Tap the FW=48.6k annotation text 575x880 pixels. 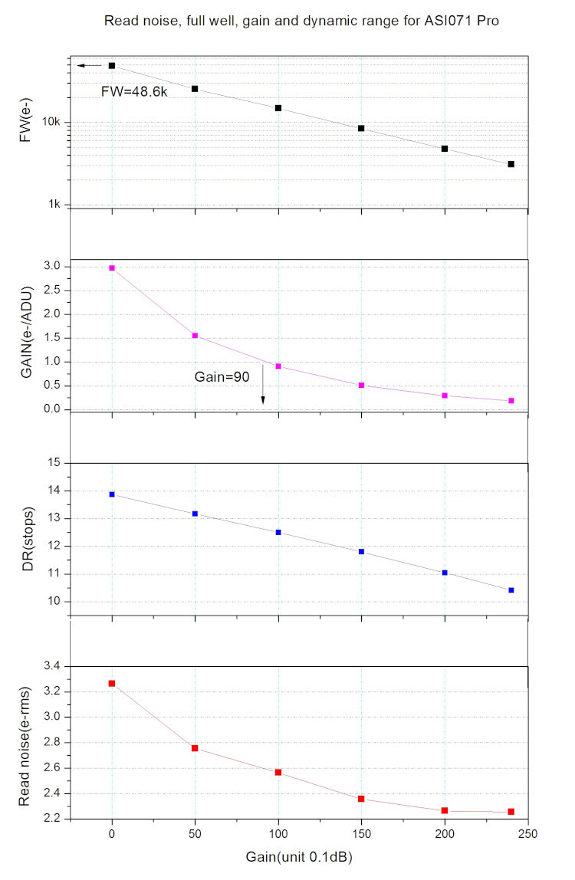tap(134, 90)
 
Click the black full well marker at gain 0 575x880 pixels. tap(112, 66)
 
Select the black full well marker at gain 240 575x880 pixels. tap(511, 164)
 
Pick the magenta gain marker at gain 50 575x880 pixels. tap(195, 336)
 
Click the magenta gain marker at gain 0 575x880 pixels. tap(112, 268)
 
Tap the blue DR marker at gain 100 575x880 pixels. tap(278, 532)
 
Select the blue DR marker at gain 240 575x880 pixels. tap(511, 590)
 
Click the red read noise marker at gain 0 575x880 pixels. tap(112, 683)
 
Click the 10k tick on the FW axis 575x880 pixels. tap(51, 123)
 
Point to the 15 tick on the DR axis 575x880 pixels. tap(54, 463)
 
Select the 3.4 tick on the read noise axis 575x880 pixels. tap(51, 667)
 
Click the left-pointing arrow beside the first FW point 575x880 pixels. tap(88, 66)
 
